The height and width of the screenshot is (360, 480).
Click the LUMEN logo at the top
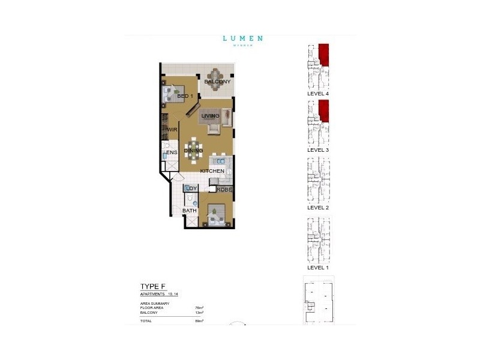[242, 39]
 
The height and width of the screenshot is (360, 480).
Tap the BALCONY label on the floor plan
[217, 82]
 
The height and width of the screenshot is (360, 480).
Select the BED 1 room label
[184, 96]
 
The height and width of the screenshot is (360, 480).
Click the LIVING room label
[210, 116]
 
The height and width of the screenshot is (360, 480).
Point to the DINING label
[194, 151]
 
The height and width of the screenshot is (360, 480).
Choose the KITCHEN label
[212, 171]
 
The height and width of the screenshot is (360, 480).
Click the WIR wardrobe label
[172, 130]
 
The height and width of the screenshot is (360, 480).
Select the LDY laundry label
[191, 189]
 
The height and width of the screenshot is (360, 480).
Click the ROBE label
[224, 190]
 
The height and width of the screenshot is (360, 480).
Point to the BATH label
[190, 211]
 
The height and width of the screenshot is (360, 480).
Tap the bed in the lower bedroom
[217, 215]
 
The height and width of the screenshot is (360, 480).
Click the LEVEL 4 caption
[319, 94]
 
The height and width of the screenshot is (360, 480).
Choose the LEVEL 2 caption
[319, 207]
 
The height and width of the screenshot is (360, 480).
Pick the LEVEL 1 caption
[319, 267]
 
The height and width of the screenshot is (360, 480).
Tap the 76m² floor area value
[199, 307]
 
